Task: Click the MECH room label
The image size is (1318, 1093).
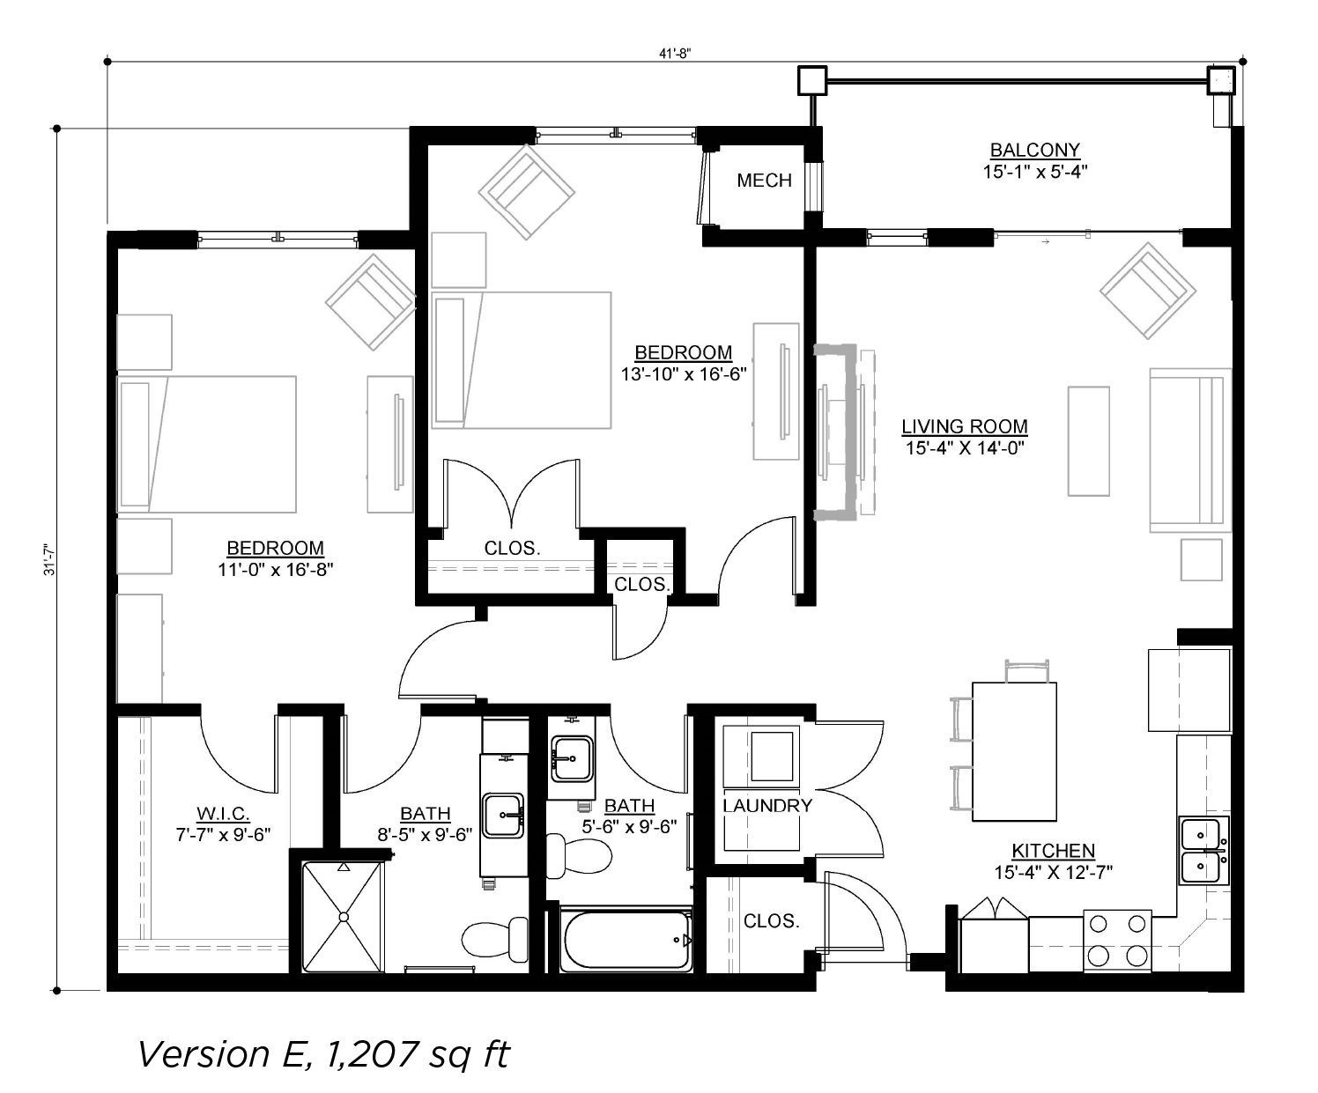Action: coord(764,181)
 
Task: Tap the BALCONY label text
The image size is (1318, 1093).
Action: coord(1034,151)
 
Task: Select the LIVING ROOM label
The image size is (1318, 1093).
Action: coord(965,426)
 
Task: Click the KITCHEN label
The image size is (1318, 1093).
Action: coord(1054,851)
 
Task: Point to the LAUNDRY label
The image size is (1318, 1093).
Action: coord(767,805)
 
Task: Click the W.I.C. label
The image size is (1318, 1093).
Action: coord(223,813)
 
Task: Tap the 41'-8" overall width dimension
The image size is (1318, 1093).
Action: coord(675,54)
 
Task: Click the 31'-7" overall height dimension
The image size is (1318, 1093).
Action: coord(50,560)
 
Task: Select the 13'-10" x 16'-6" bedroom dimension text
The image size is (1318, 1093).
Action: coord(684,374)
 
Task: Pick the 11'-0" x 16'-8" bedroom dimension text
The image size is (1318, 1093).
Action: coord(275,569)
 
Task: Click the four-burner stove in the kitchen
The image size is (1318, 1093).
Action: coord(1118,941)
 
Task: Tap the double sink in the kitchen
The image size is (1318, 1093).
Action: coord(1203,850)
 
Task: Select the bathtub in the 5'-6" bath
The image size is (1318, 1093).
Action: coord(626,941)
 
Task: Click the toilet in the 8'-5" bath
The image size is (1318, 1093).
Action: coord(495,940)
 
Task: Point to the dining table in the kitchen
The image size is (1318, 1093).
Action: coord(1014,751)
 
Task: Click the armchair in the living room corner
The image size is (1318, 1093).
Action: coord(1148,291)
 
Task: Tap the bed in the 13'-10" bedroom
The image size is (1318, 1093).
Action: coord(522,360)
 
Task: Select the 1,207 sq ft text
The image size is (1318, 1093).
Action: coord(418,1054)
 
